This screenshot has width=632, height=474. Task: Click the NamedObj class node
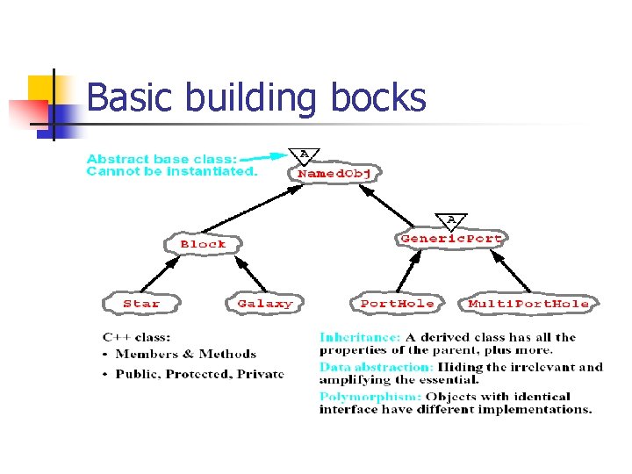(x=335, y=174)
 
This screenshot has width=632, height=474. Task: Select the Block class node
(x=203, y=243)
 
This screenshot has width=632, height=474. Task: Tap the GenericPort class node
(x=451, y=238)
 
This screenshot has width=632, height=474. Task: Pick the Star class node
(x=141, y=304)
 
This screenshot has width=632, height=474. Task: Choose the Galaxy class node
(x=264, y=304)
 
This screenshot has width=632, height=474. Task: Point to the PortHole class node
(x=397, y=304)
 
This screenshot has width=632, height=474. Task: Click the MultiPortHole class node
(x=528, y=304)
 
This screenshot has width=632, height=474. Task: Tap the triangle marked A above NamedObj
(x=305, y=155)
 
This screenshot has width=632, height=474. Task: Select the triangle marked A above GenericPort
(x=451, y=219)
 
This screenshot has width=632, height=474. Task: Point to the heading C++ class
(x=136, y=337)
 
